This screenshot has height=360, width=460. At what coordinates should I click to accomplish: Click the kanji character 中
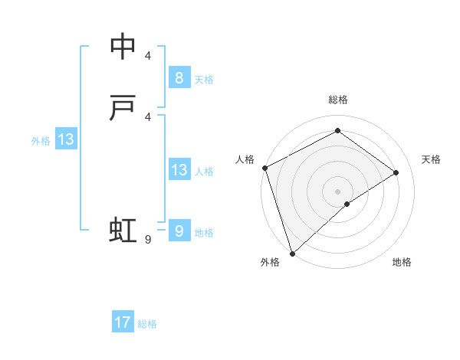123,47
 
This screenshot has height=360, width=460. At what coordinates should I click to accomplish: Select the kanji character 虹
123,230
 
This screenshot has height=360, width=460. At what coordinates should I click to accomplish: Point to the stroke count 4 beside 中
148,55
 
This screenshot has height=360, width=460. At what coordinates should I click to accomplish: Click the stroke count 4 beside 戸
148,116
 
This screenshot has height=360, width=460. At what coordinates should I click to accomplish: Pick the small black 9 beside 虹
148,240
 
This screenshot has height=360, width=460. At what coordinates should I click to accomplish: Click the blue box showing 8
179,77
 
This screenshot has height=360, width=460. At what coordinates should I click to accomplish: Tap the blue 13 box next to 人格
179,170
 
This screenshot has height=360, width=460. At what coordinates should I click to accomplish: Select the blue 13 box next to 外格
65,139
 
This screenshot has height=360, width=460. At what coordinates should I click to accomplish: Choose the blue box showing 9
179,231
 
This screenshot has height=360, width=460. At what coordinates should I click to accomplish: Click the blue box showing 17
123,322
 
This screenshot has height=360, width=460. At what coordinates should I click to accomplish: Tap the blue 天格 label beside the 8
204,79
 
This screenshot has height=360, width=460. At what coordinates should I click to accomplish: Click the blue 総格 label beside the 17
147,324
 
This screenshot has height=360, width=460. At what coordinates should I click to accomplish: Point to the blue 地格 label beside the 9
204,233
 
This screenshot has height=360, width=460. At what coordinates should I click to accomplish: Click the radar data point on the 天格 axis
396,172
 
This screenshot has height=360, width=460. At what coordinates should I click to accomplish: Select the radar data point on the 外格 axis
291,253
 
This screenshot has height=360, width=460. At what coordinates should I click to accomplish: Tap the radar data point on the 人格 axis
264,168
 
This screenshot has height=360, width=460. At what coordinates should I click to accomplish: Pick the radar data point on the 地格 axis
347,204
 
